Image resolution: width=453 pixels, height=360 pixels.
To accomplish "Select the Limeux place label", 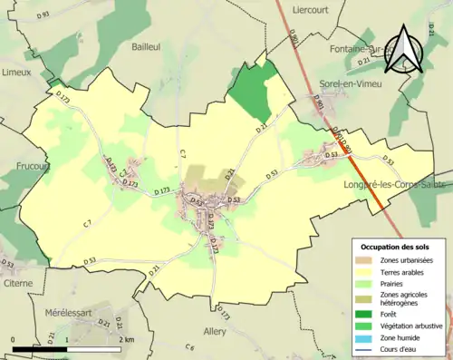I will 17,71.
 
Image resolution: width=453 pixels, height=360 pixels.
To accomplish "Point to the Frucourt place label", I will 33,166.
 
